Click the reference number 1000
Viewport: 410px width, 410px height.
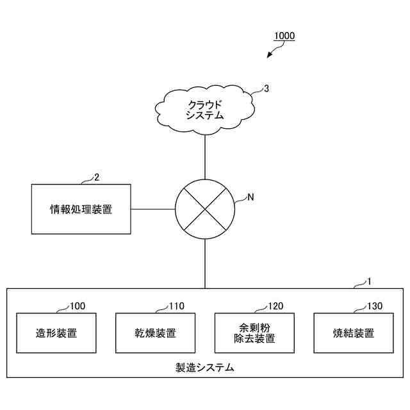284,37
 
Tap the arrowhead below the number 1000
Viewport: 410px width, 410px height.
270,56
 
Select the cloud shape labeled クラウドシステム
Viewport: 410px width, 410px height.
204,110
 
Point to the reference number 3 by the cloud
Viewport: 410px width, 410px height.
266,90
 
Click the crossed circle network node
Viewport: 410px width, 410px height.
205,209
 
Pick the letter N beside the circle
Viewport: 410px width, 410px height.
250,197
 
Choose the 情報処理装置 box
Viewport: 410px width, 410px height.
81,209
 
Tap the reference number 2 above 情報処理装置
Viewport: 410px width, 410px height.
97,177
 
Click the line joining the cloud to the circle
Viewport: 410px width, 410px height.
205,157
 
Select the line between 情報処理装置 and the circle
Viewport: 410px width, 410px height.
153,209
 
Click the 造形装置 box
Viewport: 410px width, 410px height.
56,333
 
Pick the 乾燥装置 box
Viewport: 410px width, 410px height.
156,333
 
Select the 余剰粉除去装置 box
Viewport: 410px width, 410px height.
254,333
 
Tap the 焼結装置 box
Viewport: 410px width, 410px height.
354,333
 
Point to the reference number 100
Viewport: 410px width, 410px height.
78,306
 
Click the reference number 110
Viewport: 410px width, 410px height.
177,306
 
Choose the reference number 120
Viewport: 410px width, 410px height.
276,306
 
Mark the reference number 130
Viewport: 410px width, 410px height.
375,306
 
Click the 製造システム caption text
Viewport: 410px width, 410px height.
205,368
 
